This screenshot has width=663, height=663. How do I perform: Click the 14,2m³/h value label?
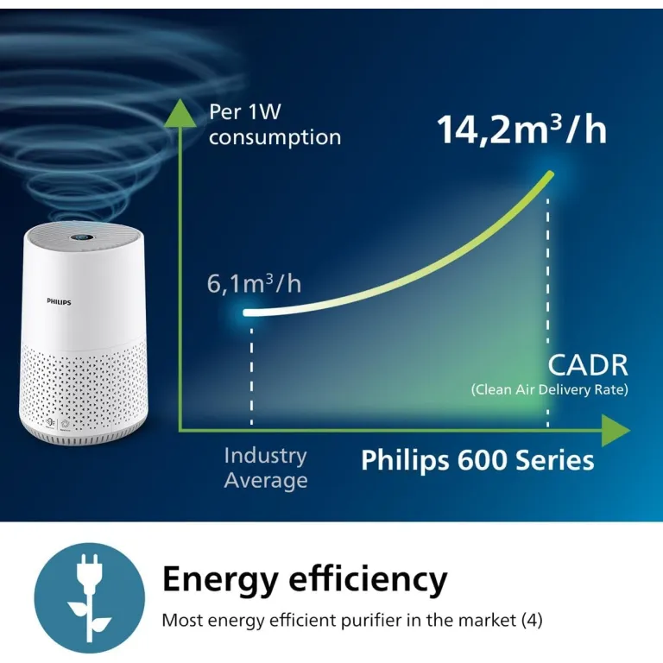[521, 129]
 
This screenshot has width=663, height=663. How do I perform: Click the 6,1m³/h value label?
[254, 283]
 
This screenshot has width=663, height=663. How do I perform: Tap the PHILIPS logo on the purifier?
[59, 301]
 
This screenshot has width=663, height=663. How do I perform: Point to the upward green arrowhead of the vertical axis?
[181, 113]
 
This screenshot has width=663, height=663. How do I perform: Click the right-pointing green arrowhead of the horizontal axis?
[616, 431]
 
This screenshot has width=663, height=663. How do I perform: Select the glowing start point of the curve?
[246, 313]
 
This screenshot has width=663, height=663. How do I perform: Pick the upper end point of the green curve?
[551, 174]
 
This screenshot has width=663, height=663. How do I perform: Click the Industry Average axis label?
[266, 468]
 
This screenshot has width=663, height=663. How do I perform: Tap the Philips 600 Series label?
[477, 460]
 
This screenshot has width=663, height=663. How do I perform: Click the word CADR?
[588, 365]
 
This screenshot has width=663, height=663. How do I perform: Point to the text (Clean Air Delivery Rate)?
[550, 389]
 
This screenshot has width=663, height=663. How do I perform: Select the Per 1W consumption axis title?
[275, 125]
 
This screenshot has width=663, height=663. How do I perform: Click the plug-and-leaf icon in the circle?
[89, 598]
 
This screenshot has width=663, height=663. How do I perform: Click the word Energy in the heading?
[220, 580]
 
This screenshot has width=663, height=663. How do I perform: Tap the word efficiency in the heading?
[368, 578]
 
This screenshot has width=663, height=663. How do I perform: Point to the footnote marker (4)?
[532, 621]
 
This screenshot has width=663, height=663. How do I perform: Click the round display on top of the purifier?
[83, 237]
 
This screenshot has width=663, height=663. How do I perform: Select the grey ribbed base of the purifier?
[84, 436]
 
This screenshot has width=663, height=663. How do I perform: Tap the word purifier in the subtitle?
[371, 621]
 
